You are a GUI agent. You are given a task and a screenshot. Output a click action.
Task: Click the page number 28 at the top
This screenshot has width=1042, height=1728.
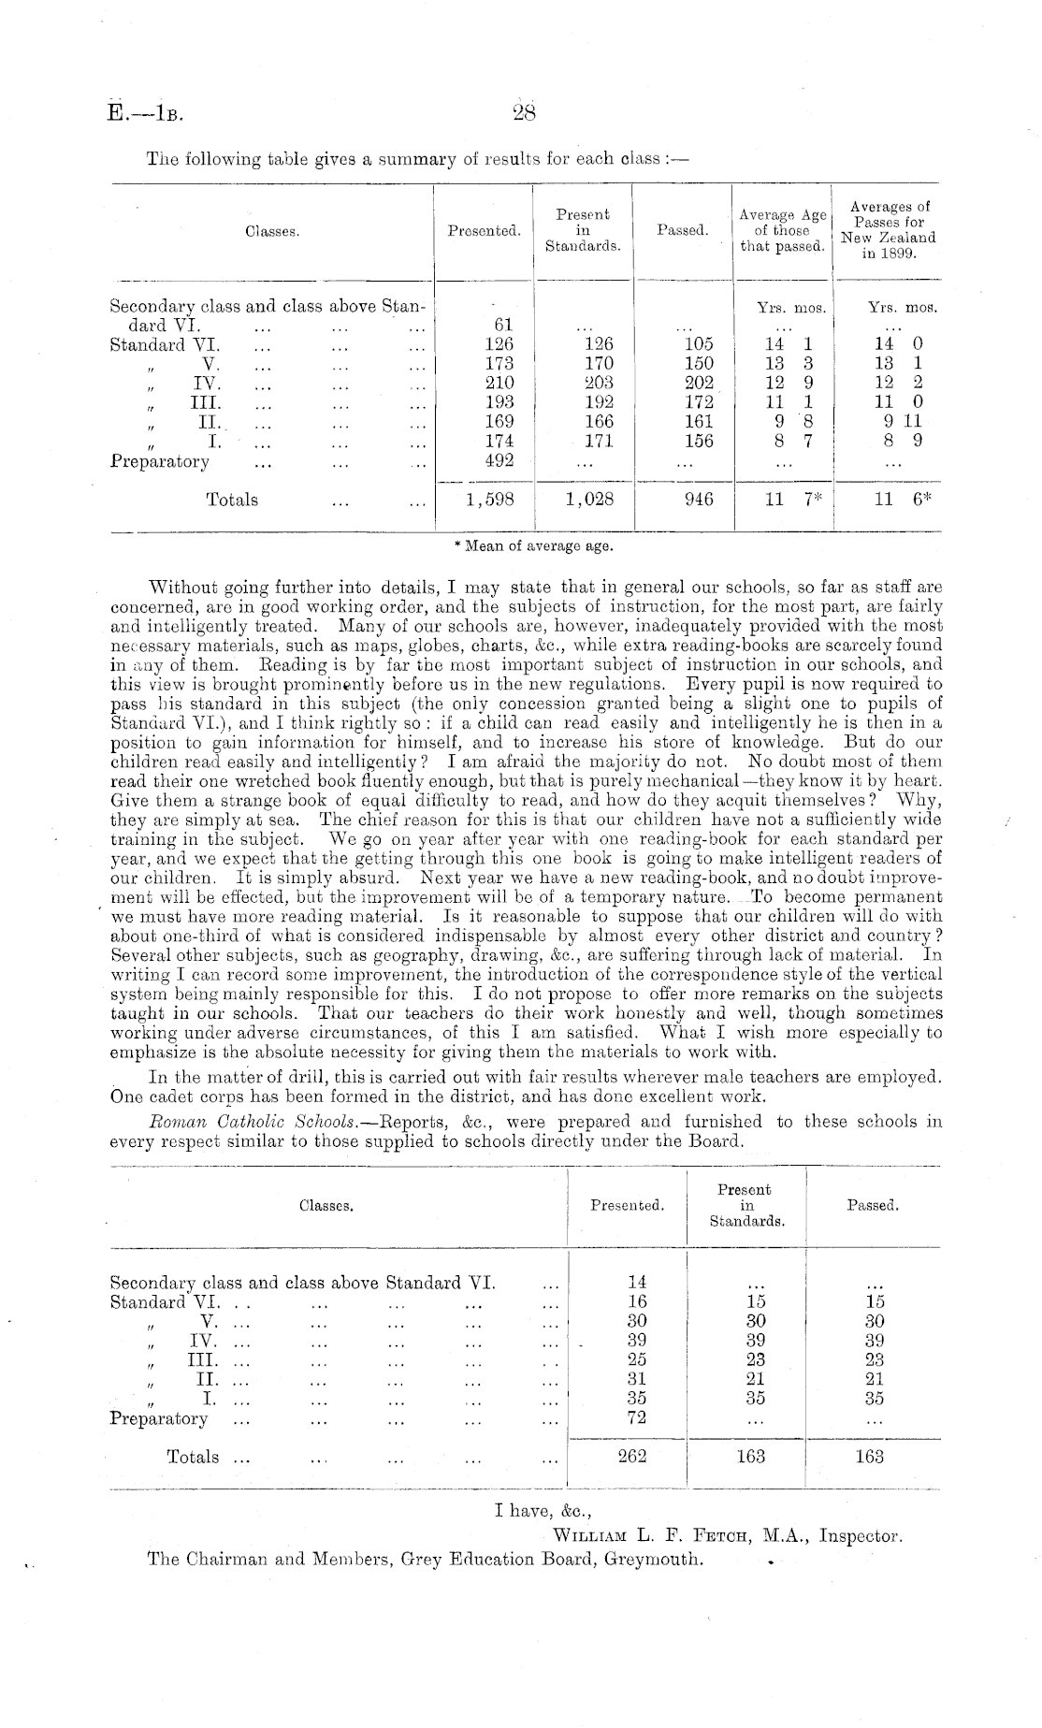(x=523, y=113)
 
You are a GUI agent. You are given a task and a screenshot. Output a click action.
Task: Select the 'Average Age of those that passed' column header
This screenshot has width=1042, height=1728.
(x=782, y=230)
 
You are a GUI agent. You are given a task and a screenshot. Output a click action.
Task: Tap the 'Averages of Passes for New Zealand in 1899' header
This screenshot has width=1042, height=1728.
(x=888, y=230)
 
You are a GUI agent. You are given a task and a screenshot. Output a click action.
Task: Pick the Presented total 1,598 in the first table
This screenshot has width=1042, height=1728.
(x=489, y=500)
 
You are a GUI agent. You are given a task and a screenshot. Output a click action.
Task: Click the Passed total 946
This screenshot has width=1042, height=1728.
(x=698, y=500)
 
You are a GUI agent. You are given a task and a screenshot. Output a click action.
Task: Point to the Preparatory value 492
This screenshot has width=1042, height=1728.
(x=494, y=460)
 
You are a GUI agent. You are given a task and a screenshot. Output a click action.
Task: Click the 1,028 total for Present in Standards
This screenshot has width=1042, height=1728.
(x=589, y=500)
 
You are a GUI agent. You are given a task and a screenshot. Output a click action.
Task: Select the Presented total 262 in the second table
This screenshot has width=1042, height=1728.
(x=633, y=1456)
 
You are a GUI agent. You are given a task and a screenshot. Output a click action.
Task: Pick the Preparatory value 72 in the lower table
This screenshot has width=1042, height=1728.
(x=633, y=1417)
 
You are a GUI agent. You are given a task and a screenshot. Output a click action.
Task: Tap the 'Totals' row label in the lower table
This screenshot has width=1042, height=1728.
(x=193, y=1457)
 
